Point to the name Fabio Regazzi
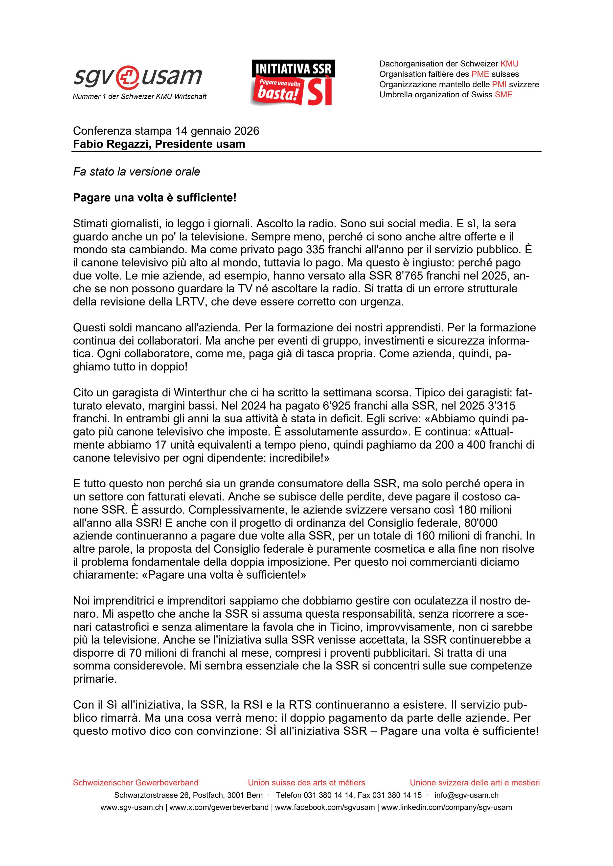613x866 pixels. pyautogui.click(x=110, y=144)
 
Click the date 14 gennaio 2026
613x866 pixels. pyautogui.click(x=217, y=131)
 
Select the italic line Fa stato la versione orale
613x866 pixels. pyautogui.click(x=136, y=172)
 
